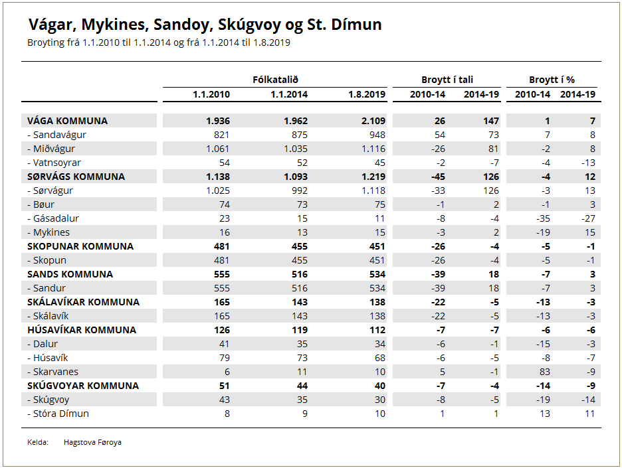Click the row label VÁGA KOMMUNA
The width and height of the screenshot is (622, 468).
pos(67,121)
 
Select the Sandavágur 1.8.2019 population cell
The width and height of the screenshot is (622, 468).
pos(377,135)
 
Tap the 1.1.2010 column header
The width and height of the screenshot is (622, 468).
pos(211,94)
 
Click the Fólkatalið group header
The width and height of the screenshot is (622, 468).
pos(275,80)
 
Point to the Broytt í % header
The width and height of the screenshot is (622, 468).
pos(552,80)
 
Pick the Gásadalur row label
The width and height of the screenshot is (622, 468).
pos(53,218)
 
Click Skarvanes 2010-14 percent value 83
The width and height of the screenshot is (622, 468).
pos(545,372)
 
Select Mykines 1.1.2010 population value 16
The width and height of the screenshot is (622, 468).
pos(225,232)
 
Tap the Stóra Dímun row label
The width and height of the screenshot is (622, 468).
pos(58,414)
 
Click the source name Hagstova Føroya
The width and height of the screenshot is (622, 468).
pos(92,442)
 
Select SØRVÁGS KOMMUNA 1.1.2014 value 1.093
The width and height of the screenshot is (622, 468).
pos(296,177)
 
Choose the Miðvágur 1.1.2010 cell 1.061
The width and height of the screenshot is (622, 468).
pos(218,149)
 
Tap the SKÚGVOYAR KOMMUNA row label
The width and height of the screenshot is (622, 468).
pos(83,386)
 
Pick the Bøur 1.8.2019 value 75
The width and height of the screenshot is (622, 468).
pos(380,204)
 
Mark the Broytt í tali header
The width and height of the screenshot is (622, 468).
pos(447,80)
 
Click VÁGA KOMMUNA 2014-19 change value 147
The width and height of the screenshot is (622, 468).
pos(491,121)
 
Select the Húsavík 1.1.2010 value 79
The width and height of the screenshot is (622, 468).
pos(225,358)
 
